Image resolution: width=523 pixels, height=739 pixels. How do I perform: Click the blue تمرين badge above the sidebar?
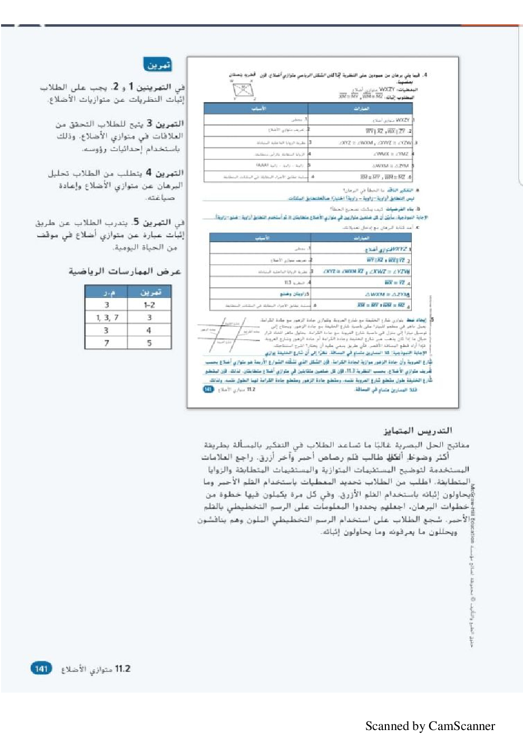pos(157,65)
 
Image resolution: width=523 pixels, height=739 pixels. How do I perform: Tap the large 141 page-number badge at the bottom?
pos(42,668)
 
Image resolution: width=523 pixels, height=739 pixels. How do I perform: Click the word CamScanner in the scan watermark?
pos(462,726)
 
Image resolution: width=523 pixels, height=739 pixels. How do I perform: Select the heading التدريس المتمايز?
pos(418,431)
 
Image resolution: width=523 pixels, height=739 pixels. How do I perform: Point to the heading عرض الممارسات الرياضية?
pos(125,271)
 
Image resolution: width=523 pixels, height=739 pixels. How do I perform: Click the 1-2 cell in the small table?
pos(149,305)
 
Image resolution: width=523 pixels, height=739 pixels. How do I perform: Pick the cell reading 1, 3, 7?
pos(107,317)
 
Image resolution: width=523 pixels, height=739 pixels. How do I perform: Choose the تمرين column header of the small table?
pos(150,292)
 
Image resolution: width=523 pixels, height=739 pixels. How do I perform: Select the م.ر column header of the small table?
pos(107,292)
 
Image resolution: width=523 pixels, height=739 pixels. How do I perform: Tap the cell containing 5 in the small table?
pos(149,343)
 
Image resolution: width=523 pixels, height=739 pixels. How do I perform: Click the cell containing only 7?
pos(107,343)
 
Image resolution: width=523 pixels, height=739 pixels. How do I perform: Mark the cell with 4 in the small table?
pos(149,330)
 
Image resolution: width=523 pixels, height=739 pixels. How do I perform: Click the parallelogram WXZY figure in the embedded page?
pos(243,90)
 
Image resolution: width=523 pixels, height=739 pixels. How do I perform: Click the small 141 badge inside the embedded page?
pos(208,390)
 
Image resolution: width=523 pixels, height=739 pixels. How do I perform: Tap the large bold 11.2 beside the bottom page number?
pos(122,668)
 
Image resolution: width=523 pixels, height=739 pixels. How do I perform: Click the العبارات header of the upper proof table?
pos(362,109)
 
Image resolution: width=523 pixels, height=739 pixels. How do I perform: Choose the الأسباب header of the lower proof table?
pos(262,238)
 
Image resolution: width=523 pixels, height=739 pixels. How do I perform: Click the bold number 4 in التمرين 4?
pos(149,172)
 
